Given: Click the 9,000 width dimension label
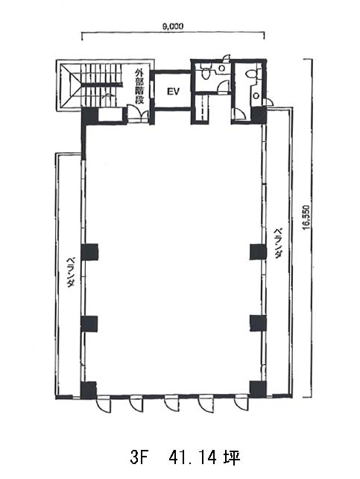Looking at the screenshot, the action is [x=173, y=27].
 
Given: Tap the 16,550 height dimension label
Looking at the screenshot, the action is [x=306, y=216].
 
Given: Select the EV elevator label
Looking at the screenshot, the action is [x=173, y=91].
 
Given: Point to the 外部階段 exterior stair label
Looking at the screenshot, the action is [x=139, y=87].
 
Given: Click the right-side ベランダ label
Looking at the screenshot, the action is [x=277, y=243].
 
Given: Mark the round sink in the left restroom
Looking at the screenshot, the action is [x=222, y=67].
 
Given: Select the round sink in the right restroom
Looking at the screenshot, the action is [x=256, y=96].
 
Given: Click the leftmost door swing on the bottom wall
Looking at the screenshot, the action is [x=103, y=405].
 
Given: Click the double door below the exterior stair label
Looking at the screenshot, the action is [x=138, y=114].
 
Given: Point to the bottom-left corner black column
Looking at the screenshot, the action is [x=89, y=389].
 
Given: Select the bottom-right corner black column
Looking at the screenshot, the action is [x=258, y=389].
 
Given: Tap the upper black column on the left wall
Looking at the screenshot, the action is [x=89, y=251].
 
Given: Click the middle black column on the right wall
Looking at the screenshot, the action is [x=258, y=323].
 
